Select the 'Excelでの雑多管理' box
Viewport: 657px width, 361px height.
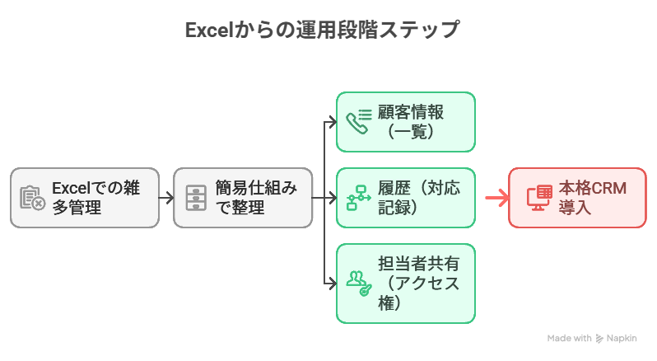(85, 198)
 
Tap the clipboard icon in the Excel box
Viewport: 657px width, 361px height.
(32, 198)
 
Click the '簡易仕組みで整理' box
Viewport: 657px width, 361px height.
(243, 198)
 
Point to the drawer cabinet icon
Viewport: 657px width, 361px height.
(195, 198)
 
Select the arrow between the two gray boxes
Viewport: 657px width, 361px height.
(165, 198)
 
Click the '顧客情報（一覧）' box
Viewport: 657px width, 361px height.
(406, 122)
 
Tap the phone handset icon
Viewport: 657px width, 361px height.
(358, 122)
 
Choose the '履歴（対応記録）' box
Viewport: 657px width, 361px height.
(406, 198)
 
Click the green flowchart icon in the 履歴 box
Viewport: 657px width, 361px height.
(358, 198)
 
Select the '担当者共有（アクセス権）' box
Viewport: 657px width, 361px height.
(406, 283)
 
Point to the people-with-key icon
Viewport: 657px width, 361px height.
(358, 283)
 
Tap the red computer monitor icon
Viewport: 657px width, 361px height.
(539, 198)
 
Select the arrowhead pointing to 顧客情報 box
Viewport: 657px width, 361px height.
(333, 122)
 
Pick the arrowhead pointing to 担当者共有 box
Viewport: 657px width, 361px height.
(333, 283)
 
